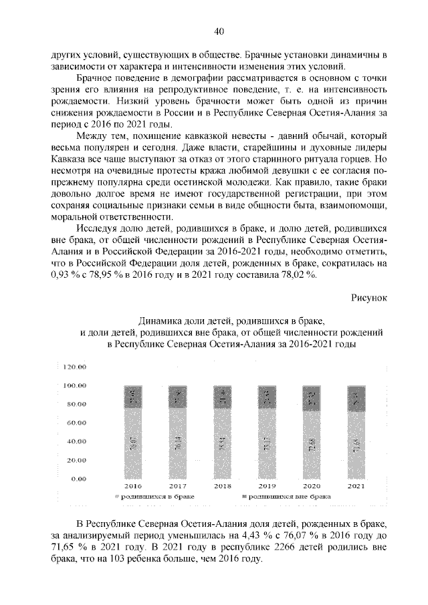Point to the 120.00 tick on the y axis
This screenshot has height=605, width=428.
(x=74, y=367)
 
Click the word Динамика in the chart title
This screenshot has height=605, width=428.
(x=158, y=320)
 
